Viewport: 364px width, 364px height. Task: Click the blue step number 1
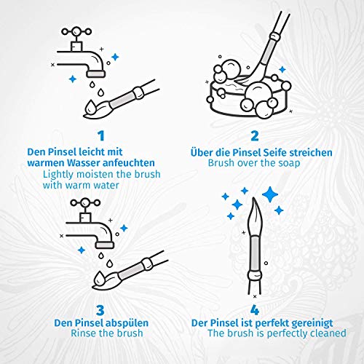(101, 136)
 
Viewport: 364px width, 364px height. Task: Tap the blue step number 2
(255, 136)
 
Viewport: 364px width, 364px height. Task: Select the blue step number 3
(100, 310)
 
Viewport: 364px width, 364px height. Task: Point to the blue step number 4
(255, 310)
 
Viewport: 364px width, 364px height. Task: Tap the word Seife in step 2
(276, 153)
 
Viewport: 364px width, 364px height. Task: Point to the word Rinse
(83, 333)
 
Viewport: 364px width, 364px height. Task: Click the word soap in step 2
(289, 163)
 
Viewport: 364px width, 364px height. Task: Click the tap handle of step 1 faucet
(76, 31)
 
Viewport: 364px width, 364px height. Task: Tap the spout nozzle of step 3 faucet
(105, 245)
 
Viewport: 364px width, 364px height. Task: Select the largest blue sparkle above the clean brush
(270, 194)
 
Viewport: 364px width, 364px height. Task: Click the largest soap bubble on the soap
(258, 93)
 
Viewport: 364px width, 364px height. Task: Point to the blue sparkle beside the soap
(282, 70)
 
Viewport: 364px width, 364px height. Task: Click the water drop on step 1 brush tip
(91, 106)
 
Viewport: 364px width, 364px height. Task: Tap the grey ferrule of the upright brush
(255, 254)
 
